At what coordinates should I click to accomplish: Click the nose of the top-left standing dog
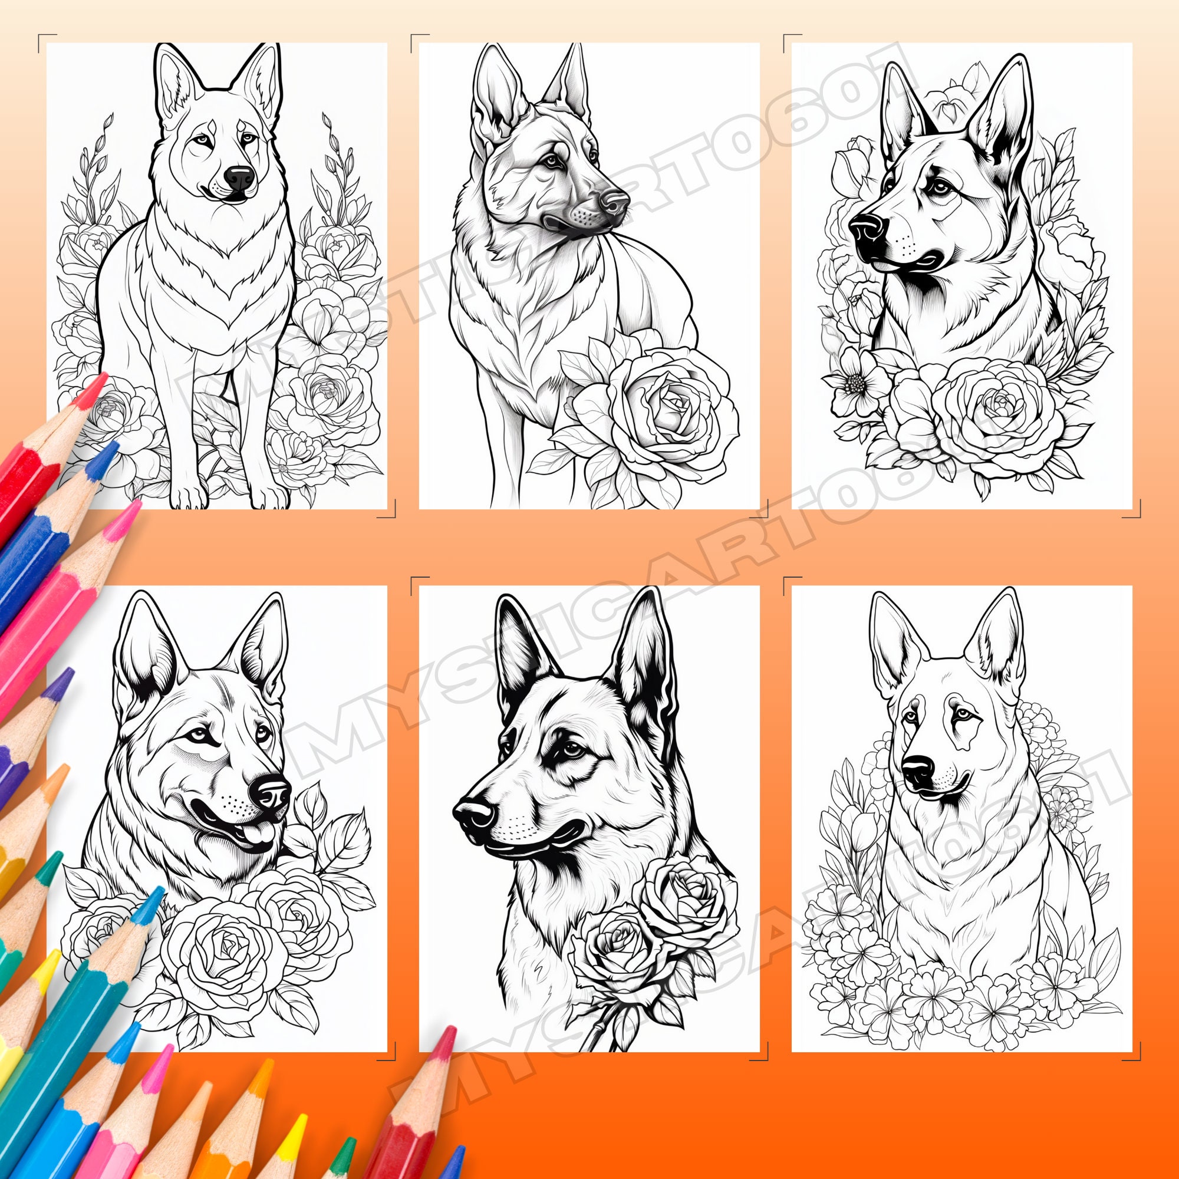[239, 177]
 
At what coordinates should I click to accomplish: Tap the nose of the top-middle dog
[614, 201]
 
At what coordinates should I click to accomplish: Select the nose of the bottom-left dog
[272, 792]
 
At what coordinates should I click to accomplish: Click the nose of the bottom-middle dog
[473, 814]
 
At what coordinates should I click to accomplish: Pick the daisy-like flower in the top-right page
[856, 383]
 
